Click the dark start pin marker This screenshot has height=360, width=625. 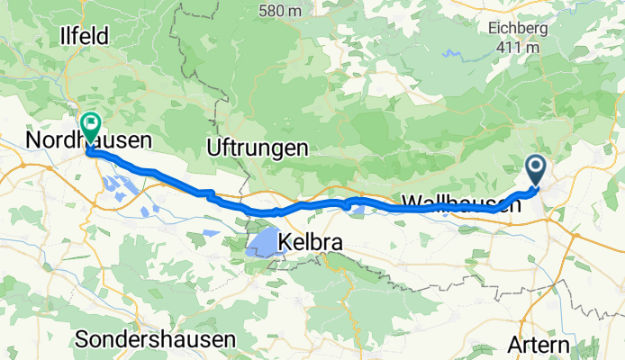click(x=535, y=168)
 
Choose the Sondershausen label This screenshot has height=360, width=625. click(x=156, y=339)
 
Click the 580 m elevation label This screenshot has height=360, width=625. click(x=279, y=11)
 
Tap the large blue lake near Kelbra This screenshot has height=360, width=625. click(x=260, y=242)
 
